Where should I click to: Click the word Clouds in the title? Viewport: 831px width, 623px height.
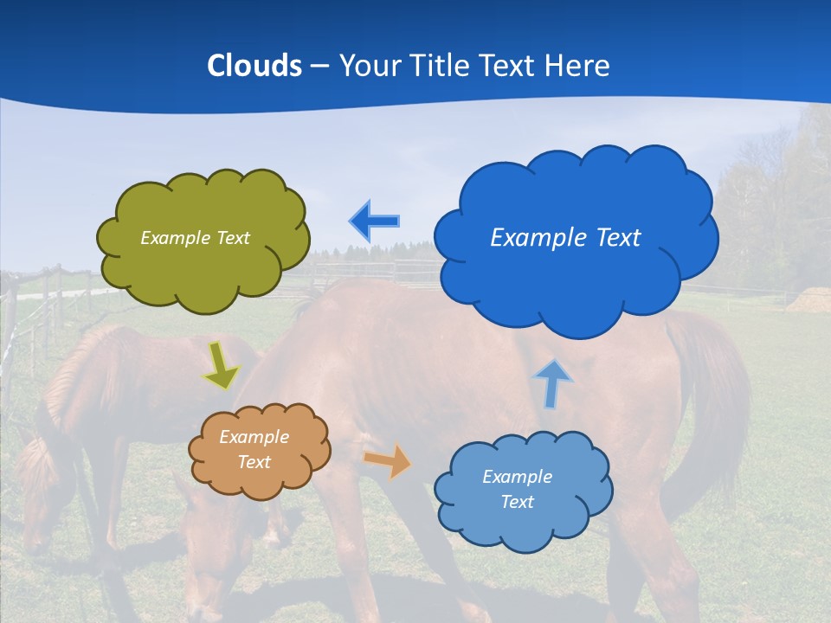[254, 66]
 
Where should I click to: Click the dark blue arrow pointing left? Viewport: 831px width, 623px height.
[375, 222]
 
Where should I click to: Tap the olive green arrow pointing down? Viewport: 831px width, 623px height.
[222, 365]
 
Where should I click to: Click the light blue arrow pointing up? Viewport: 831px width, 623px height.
[552, 383]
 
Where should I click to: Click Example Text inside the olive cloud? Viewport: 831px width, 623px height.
[195, 238]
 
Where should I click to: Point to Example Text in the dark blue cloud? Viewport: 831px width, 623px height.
[565, 237]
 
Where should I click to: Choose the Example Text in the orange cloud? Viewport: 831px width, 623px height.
[254, 450]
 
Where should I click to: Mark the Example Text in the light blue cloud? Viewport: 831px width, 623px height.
[517, 489]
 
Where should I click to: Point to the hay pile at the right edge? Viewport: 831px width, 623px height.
[809, 300]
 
